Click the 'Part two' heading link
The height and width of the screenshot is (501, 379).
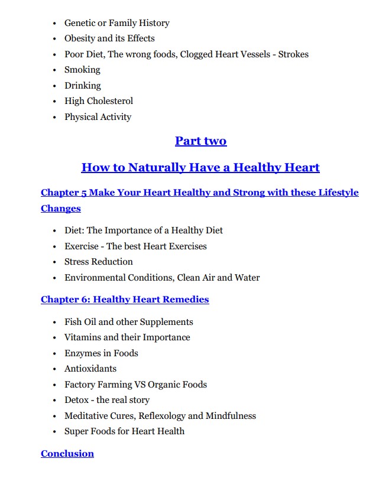point(200,141)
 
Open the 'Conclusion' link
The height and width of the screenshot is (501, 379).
point(67,454)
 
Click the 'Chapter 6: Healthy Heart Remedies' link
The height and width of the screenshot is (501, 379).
point(125,300)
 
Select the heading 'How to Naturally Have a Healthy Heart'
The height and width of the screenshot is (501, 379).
point(200,168)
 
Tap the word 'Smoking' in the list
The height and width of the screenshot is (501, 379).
point(82,70)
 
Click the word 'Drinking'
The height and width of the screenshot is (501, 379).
point(83,86)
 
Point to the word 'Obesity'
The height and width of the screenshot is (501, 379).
point(80,38)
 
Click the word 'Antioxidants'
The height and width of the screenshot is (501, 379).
point(90,369)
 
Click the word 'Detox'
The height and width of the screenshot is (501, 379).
point(76,400)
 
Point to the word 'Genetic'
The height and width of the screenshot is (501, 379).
point(80,23)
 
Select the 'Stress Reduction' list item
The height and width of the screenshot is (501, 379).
point(99,262)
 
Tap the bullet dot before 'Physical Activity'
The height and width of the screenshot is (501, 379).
point(55,117)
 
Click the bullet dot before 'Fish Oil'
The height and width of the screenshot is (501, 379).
point(55,322)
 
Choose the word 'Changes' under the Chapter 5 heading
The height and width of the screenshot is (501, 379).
point(61,209)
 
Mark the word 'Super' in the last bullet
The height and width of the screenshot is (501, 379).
point(77,431)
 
